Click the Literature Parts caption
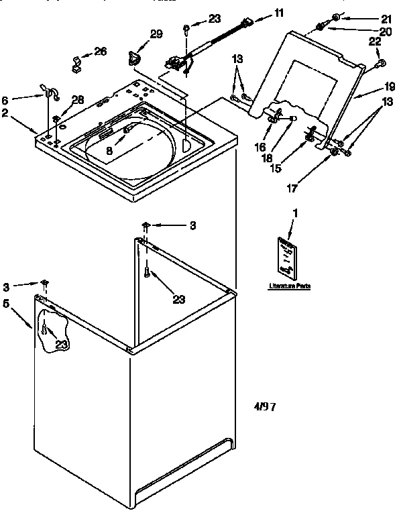(x=290, y=286)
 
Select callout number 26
(x=100, y=52)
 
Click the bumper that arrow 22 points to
(x=380, y=63)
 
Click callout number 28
(x=78, y=100)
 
